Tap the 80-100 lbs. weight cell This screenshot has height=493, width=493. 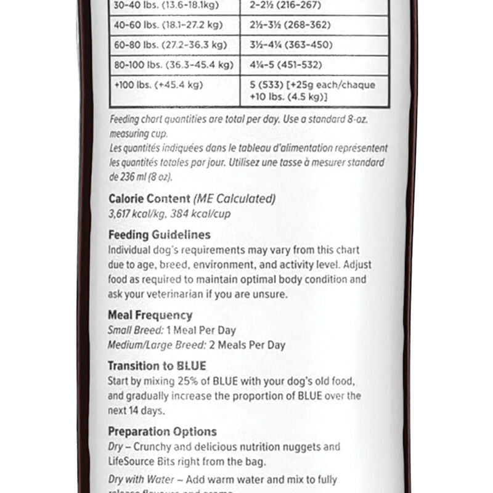[172, 65]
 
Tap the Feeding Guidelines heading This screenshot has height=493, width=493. [159, 235]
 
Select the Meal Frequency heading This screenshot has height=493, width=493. [150, 315]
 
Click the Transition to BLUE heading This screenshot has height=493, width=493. [157, 365]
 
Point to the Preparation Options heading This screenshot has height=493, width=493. [163, 432]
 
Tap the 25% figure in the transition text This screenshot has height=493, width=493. [181, 380]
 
